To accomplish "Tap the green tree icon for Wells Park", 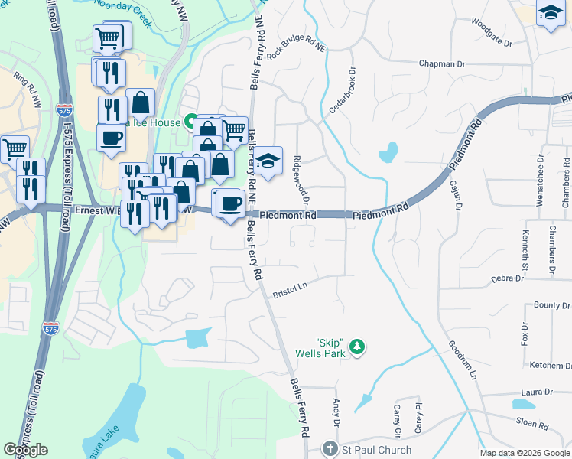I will [x=356, y=348].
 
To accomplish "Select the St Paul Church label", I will [x=376, y=450].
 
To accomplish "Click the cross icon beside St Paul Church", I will [x=330, y=449].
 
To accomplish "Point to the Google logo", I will [x=25, y=450].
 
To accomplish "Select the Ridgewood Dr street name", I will [x=301, y=181].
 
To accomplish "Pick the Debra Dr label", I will [x=507, y=278].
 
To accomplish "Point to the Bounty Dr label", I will [x=546, y=305].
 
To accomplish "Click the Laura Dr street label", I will [x=536, y=392].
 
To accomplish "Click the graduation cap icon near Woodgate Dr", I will [x=550, y=13].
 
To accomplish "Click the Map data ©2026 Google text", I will [x=525, y=453].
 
